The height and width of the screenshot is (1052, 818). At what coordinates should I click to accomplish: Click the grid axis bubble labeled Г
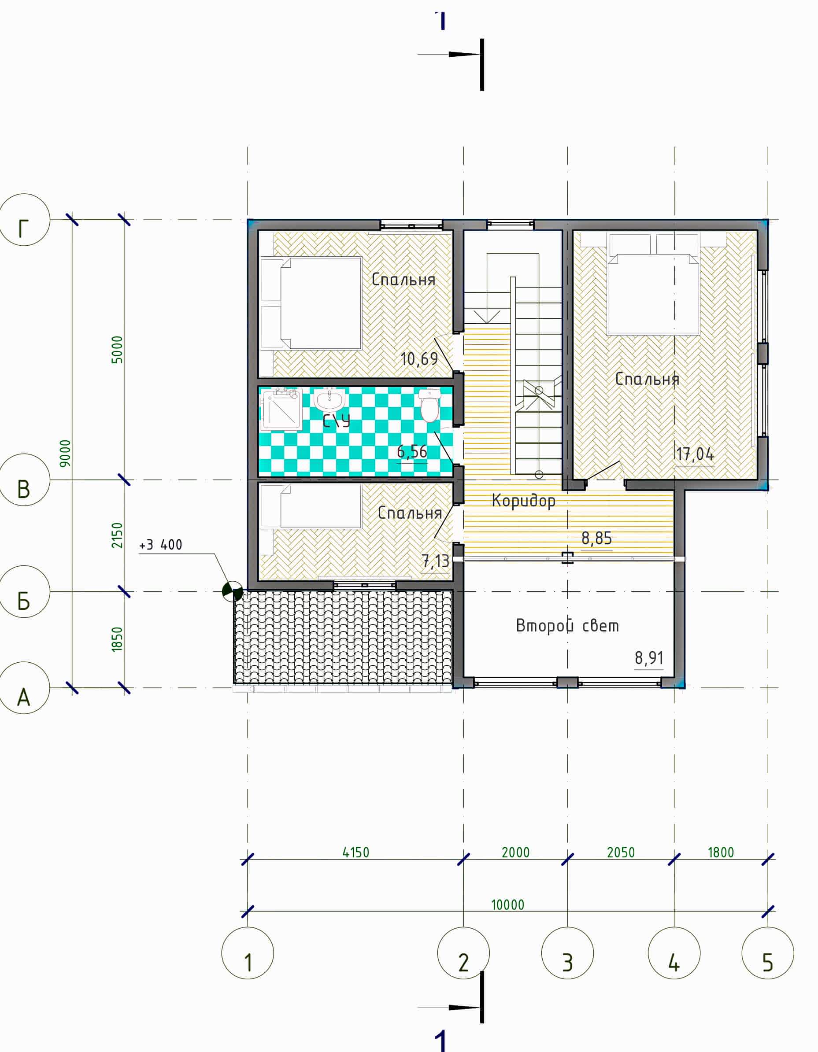click(x=24, y=220)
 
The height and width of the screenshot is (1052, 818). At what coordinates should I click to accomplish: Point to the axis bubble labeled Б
click(x=24, y=591)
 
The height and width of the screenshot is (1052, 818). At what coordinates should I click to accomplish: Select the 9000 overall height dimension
click(x=65, y=453)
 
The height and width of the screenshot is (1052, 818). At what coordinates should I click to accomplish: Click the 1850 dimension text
click(x=117, y=640)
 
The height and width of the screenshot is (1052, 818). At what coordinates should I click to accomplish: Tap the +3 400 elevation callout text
click(x=160, y=545)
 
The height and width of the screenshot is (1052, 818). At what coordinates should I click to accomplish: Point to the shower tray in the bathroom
click(x=281, y=410)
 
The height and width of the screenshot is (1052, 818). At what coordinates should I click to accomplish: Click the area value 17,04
click(x=695, y=454)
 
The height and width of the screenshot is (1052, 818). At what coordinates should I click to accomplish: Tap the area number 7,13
click(x=436, y=561)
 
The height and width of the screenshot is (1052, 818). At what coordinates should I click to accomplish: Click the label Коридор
click(x=524, y=501)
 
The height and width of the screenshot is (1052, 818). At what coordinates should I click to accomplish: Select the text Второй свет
click(x=567, y=626)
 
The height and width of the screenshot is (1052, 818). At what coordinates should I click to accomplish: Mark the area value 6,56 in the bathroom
click(x=412, y=451)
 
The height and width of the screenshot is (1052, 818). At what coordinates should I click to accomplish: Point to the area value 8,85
click(x=597, y=538)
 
